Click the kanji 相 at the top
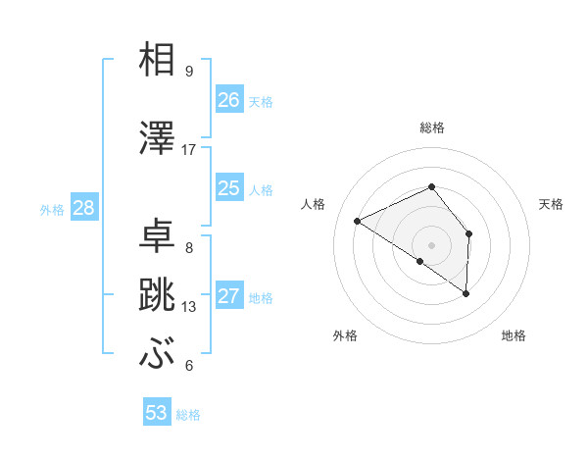[x=158, y=60]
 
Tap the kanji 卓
[x=158, y=236]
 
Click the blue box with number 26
[x=229, y=100]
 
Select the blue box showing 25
[x=229, y=188]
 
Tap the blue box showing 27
[x=229, y=296]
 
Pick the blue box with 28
[x=83, y=208]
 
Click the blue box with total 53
[x=157, y=413]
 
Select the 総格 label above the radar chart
[x=431, y=128]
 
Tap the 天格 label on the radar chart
[x=552, y=204]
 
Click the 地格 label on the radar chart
[x=514, y=335]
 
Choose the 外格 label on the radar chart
[x=345, y=335]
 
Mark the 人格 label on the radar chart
[x=314, y=204]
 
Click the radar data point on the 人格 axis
[x=358, y=221]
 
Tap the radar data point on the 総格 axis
[x=431, y=187]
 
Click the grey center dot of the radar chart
[x=431, y=244]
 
